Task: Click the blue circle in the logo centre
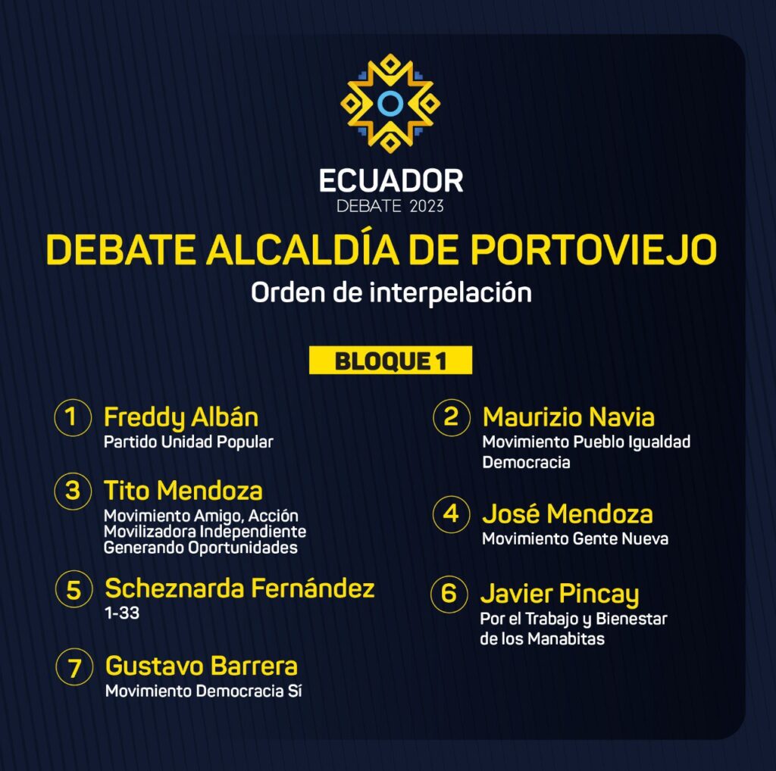tap(390, 103)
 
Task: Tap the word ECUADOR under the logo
tap(391, 181)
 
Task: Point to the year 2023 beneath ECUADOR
tap(427, 206)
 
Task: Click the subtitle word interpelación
tap(451, 293)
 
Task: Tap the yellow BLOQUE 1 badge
tap(390, 361)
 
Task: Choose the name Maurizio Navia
tap(568, 417)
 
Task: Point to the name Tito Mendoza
tap(183, 491)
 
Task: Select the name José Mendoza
tap(568, 513)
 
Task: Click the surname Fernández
tap(313, 588)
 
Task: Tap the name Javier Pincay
tap(560, 595)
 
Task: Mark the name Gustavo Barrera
tap(202, 666)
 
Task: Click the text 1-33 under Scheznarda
tap(122, 613)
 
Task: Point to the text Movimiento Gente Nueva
tap(575, 538)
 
